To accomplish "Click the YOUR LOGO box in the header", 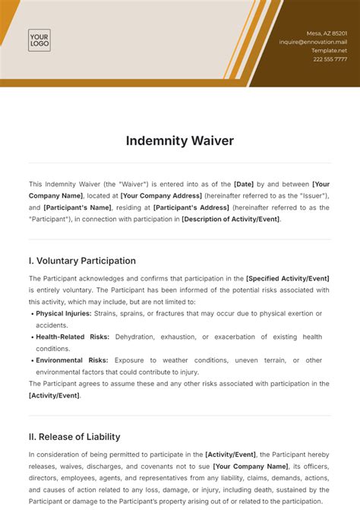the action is [39, 40].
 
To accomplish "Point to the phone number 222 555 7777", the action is [330, 59].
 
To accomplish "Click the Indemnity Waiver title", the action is [179, 141].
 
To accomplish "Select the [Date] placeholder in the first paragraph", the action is [245, 184].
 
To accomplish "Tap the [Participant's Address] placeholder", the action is [186, 207].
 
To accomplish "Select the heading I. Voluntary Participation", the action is [82, 261].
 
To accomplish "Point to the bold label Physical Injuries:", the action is [64, 313].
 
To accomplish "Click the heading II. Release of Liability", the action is [74, 437].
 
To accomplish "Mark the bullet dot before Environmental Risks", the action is [31, 360].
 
